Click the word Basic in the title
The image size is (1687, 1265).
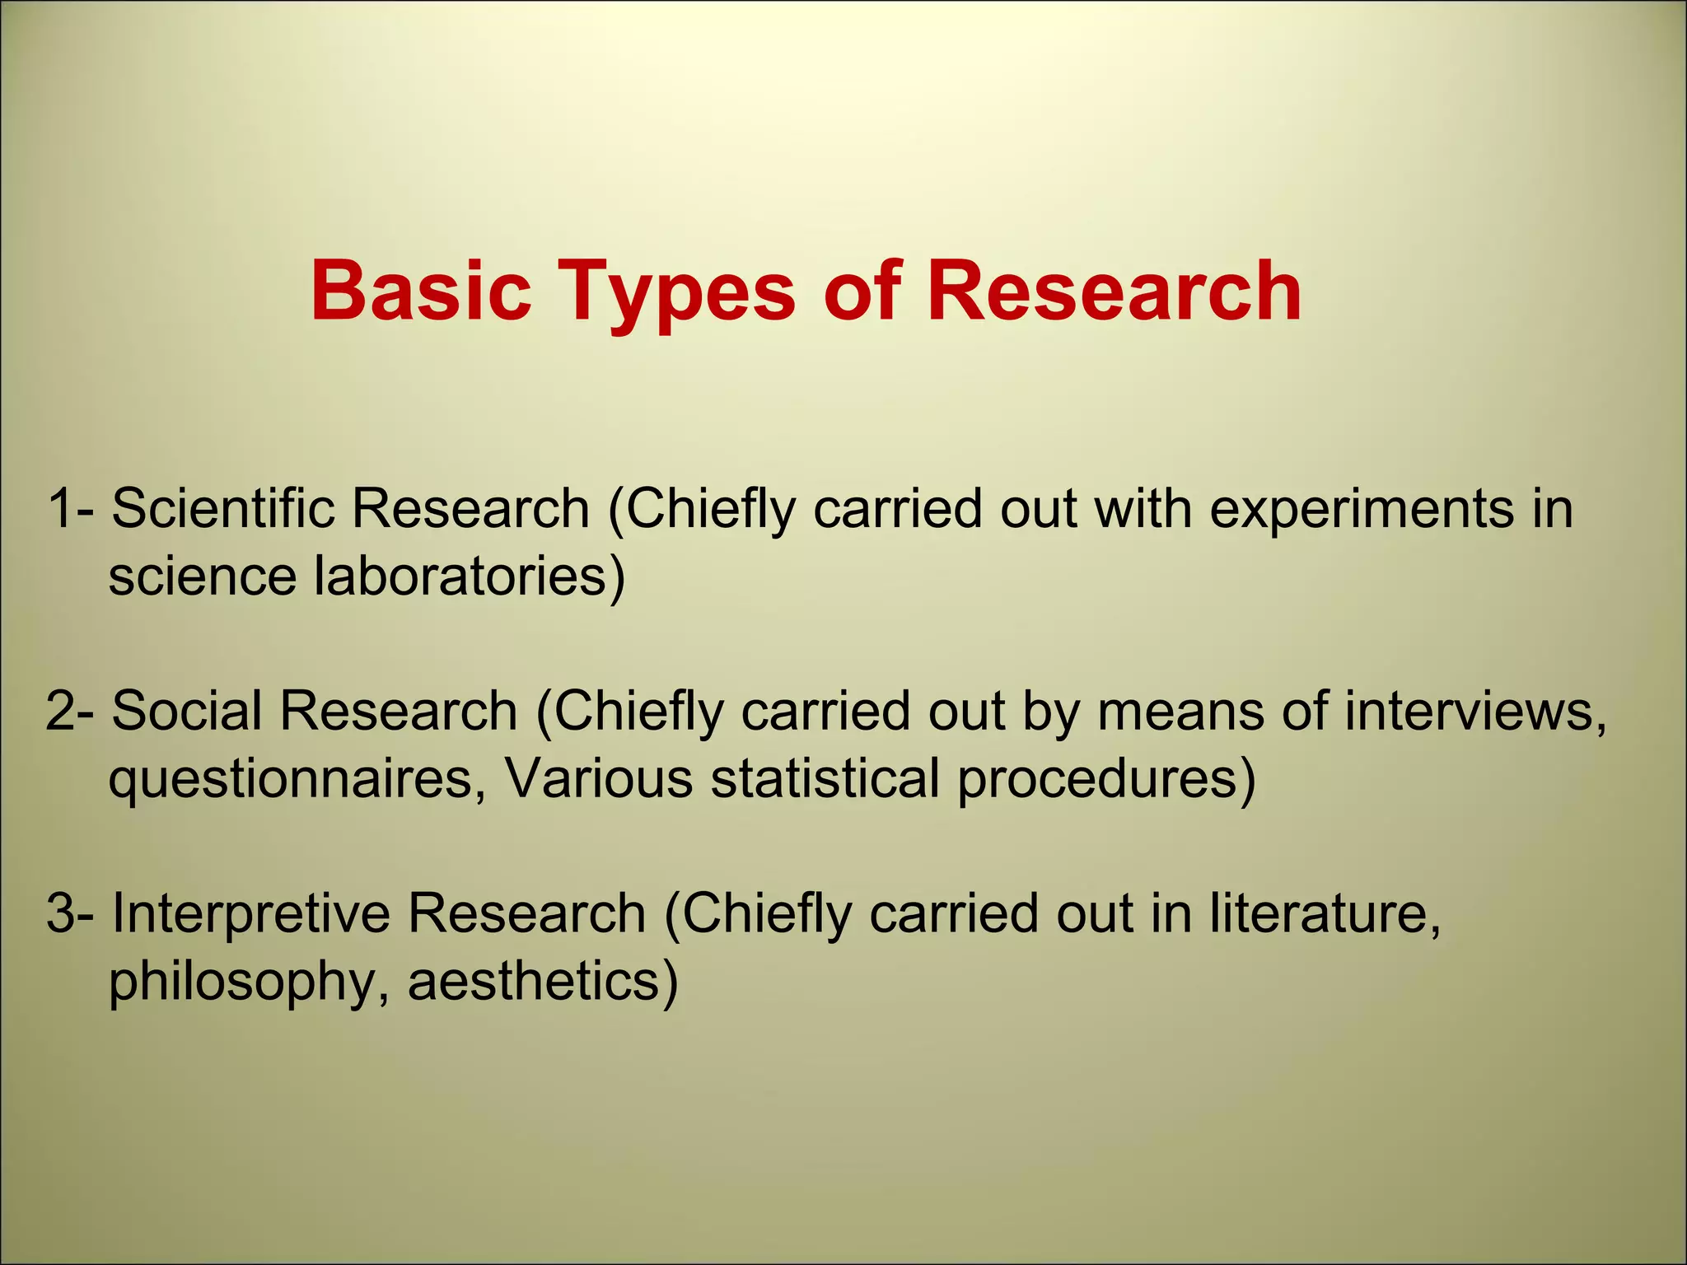click(421, 292)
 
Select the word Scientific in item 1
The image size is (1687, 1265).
click(223, 508)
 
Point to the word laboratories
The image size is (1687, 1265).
click(460, 576)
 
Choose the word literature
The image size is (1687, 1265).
click(1325, 914)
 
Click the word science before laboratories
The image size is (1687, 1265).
click(202, 577)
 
